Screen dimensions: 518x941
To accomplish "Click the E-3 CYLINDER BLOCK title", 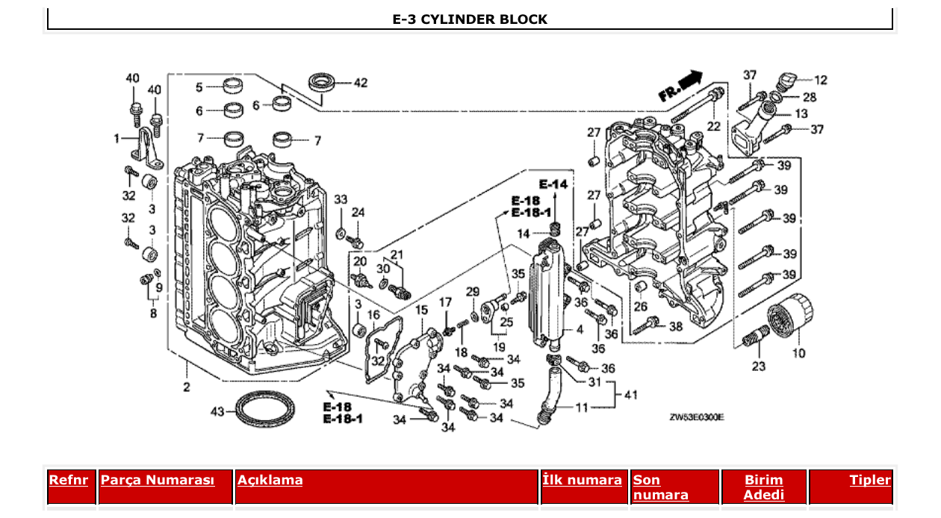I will [470, 19].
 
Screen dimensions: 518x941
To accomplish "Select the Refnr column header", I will [68, 480].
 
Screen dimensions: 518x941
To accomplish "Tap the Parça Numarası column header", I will [158, 480].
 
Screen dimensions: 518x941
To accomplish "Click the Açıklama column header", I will [270, 480].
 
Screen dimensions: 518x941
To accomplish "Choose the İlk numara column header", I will [583, 480].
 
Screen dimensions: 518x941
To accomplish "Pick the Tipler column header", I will [870, 480].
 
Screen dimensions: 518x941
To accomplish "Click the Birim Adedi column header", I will [763, 487].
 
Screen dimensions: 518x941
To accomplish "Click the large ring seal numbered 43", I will [267, 409].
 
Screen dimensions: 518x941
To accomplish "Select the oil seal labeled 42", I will [323, 81].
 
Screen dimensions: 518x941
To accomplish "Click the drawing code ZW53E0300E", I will [696, 418].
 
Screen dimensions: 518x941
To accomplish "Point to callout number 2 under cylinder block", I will [186, 387].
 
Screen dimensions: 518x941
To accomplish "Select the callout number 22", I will [713, 126].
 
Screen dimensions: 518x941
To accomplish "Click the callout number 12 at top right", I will [820, 80].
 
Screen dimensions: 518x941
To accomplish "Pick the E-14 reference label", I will [553, 184].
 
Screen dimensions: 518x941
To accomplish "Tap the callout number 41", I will [631, 395].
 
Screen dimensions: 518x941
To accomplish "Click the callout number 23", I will [758, 366].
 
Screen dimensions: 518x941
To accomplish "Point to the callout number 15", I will [422, 310].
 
